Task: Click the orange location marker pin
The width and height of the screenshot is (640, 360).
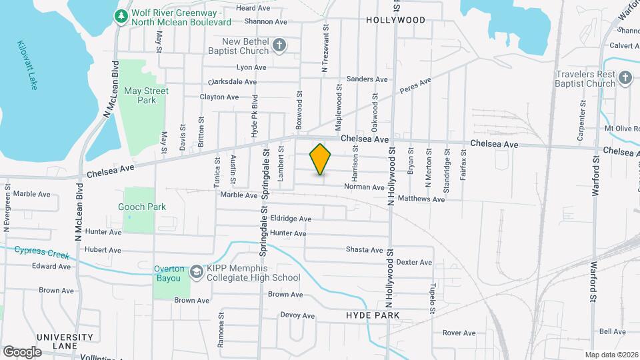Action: click(321, 159)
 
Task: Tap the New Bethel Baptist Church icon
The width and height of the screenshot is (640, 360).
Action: click(280, 46)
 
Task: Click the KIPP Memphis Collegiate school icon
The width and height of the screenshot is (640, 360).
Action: click(197, 271)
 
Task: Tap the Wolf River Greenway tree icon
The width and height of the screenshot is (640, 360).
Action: click(121, 16)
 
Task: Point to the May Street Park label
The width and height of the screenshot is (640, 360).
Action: click(147, 95)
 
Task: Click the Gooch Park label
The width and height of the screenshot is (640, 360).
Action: click(142, 207)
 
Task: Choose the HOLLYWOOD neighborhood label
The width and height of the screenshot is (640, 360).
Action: click(395, 20)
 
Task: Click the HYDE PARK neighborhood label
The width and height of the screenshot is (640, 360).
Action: click(373, 315)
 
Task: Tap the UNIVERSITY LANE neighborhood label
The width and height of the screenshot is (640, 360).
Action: click(65, 341)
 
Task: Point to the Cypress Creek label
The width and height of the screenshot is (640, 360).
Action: click(42, 251)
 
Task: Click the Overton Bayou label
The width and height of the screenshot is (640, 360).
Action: click(168, 273)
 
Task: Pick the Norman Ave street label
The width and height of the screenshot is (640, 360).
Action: click(364, 187)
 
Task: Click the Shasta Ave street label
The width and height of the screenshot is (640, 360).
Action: click(364, 250)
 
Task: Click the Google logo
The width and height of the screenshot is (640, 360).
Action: click(22, 351)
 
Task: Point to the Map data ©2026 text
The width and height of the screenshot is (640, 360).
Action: click(611, 354)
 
